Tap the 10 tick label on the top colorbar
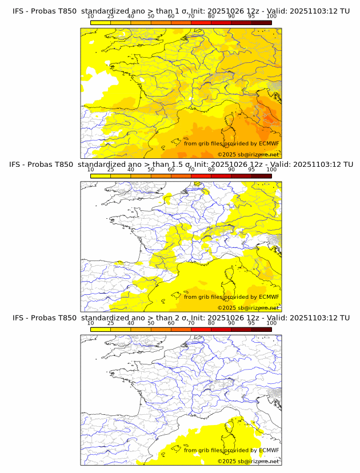tap(90, 17)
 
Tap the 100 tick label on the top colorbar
tap(271, 17)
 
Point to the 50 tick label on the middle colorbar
tap(151, 170)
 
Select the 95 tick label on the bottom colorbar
tap(251, 323)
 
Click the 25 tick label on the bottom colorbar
tap(111, 323)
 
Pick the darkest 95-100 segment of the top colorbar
tap(261, 22)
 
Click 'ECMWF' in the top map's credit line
tap(269, 143)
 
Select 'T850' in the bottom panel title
tap(66, 318)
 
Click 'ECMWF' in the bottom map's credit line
tap(269, 450)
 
